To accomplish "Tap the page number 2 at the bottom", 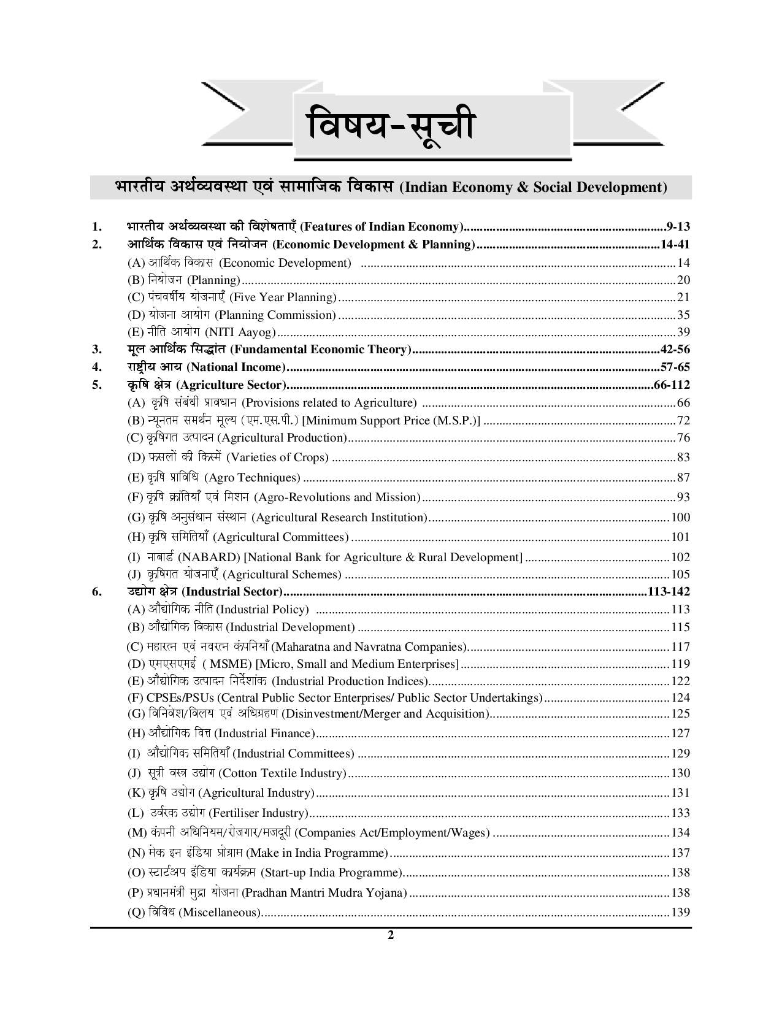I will click(390, 935).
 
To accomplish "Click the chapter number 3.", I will click(96, 350).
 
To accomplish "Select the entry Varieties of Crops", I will click(277, 458).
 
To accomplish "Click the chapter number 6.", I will click(96, 592).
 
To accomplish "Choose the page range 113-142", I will click(669, 592).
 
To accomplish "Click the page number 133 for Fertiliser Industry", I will click(681, 813).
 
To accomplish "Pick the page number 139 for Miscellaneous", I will click(681, 913).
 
